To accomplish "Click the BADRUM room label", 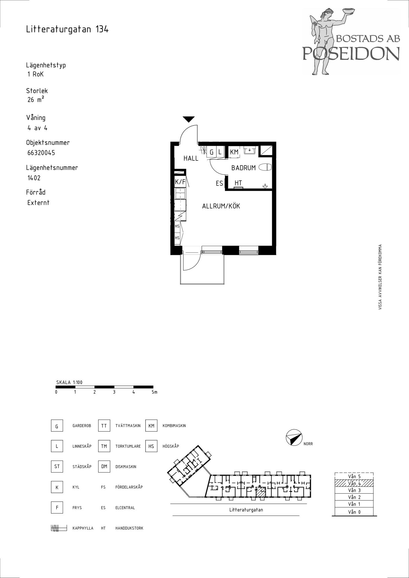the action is [243, 168].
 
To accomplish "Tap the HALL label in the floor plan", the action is [191, 158].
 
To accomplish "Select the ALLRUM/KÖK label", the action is [221, 206].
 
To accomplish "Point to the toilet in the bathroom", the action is [265, 167].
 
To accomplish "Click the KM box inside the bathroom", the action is [234, 152].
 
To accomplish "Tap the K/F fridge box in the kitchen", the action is [180, 182].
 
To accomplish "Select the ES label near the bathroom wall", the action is [219, 183].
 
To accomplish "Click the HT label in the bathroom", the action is [238, 183].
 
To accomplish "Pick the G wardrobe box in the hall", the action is [212, 152].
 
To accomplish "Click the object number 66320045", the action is [41, 153].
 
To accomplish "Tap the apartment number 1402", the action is [34, 178].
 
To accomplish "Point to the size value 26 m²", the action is [36, 100].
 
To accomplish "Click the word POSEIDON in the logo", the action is [351, 53].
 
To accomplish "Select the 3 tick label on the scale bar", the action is [114, 392].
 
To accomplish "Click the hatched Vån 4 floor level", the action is [354, 483].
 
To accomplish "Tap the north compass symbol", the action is [294, 437].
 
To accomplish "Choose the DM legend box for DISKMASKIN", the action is [104, 466].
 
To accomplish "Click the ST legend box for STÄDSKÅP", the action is [57, 466].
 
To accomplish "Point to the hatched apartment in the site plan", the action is [261, 492].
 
